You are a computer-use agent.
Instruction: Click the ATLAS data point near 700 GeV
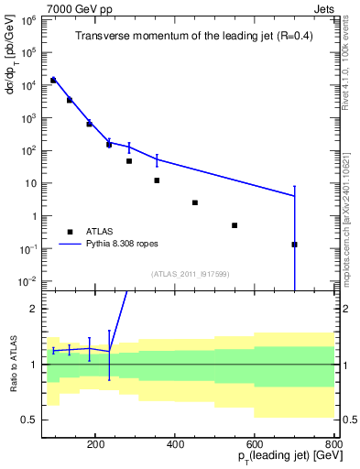(x=294, y=244)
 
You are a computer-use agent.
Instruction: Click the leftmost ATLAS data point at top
(x=53, y=81)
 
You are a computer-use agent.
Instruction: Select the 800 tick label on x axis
(x=333, y=443)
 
